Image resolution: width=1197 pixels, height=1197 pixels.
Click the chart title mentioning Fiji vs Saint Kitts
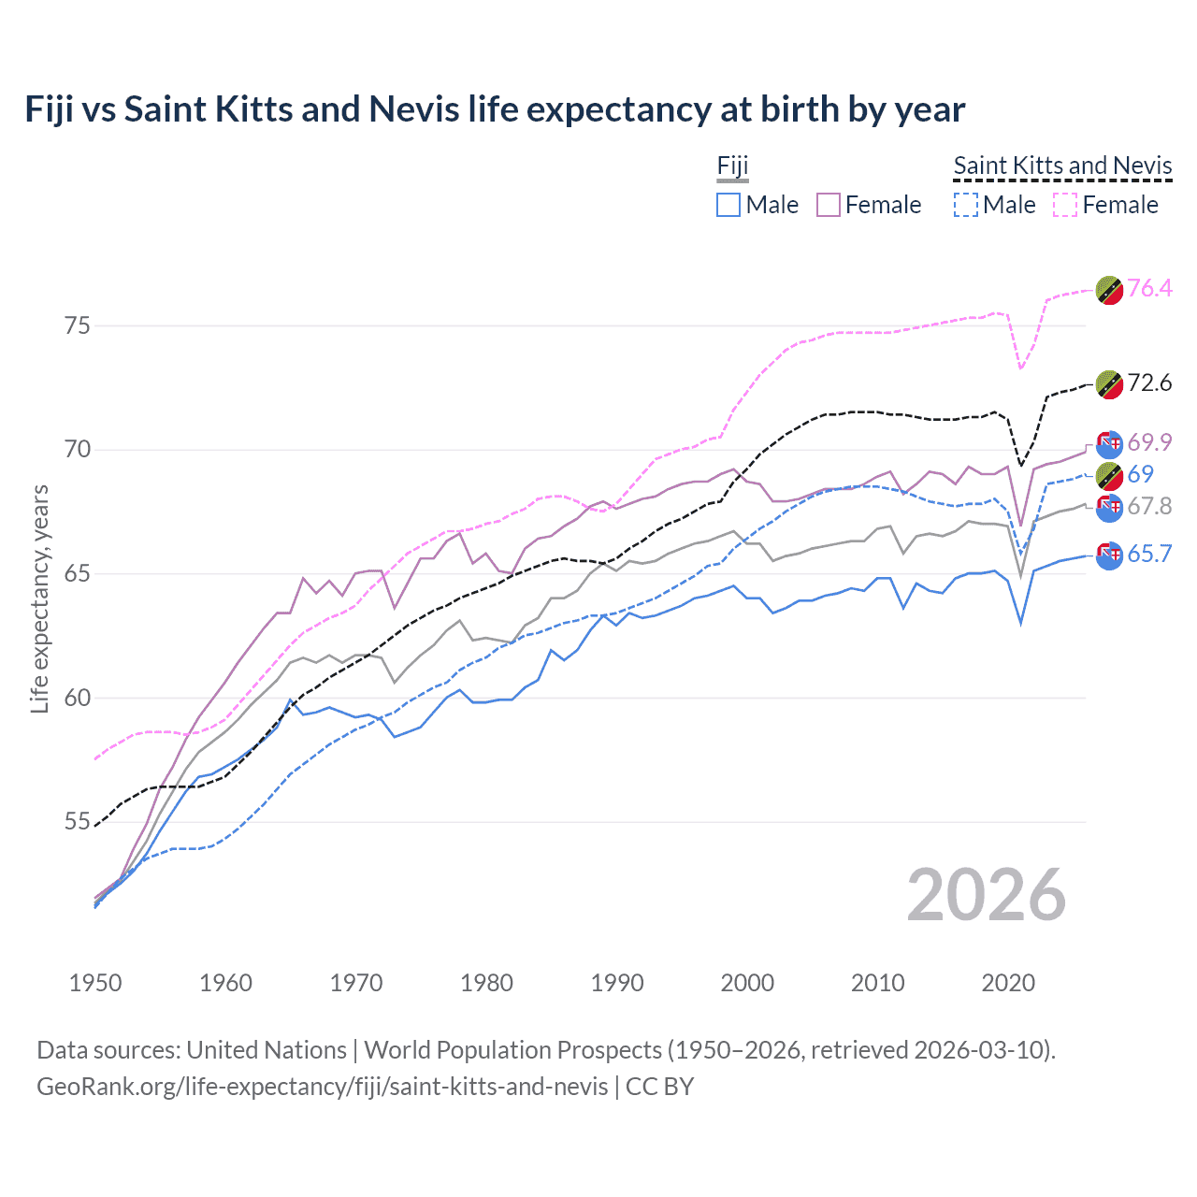pos(495,109)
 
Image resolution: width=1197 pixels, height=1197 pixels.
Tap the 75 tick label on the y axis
pos(78,325)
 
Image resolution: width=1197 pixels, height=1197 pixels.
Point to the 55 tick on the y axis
pos(78,822)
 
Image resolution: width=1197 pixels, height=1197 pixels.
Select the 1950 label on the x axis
pos(95,983)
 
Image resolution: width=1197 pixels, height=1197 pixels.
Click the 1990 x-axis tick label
pos(617,983)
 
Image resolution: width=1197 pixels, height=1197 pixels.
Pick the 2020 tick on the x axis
pos(1008,983)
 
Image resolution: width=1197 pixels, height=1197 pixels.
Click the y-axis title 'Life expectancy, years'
pos(39,598)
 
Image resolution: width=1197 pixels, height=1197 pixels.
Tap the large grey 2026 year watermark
pos(987,895)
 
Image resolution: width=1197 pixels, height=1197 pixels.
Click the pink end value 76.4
pos(1149,288)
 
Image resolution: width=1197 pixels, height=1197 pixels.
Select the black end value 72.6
pos(1149,382)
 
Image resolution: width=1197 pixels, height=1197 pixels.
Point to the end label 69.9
pos(1149,442)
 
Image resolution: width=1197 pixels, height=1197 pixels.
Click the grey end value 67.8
pos(1149,506)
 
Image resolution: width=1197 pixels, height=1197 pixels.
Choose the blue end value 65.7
pos(1149,554)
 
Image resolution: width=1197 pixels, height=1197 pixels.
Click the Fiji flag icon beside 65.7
pos(1109,555)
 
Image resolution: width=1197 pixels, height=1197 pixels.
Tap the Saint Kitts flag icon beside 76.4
pos(1109,291)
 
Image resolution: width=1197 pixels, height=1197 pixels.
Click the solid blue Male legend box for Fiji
pos(728,205)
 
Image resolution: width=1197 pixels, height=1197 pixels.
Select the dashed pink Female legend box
pos(1065,205)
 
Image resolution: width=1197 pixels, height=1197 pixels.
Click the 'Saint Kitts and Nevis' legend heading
pos(1062,166)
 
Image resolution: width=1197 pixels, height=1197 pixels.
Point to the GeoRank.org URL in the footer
pos(323,1087)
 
